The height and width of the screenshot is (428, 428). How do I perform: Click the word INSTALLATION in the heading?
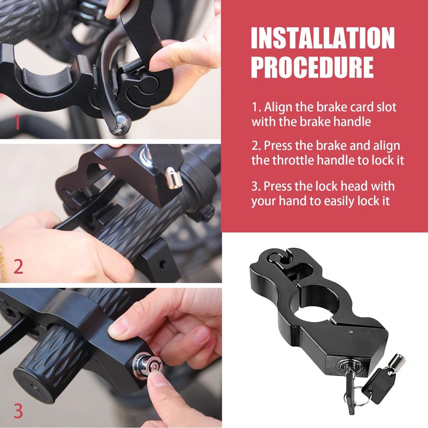coord(323,38)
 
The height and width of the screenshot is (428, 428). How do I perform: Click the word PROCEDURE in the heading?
coord(312,67)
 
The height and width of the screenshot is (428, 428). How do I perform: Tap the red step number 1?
coord(17,122)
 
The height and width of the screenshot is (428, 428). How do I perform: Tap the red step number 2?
coord(18,266)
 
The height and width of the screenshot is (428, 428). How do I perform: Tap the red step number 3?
coord(18,411)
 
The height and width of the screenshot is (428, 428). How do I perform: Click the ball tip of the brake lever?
coord(122,124)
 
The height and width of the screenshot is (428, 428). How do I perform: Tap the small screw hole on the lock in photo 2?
coord(162,264)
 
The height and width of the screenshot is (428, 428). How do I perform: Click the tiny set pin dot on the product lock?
coord(351,332)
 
